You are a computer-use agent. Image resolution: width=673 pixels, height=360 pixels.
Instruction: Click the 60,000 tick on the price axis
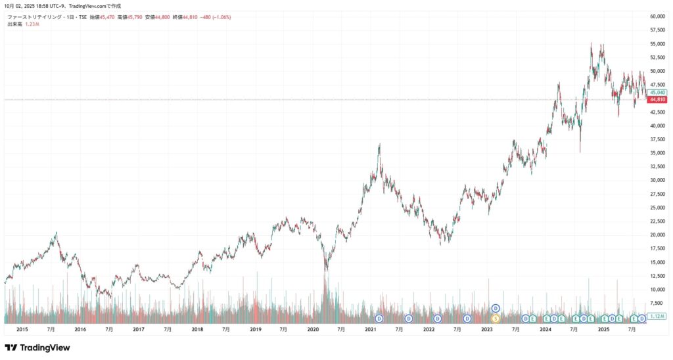pyautogui.click(x=657, y=16)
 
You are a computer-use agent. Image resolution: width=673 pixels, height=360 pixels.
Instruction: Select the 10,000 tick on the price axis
pyautogui.click(x=657, y=289)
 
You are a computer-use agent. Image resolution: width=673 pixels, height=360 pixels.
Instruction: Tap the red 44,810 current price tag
pyautogui.click(x=657, y=100)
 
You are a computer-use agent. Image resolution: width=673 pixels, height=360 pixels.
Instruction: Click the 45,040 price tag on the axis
pyautogui.click(x=657, y=93)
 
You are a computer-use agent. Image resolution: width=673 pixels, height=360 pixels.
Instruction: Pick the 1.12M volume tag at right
pyautogui.click(x=657, y=316)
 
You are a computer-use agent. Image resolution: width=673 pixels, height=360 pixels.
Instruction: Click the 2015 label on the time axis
pyautogui.click(x=22, y=328)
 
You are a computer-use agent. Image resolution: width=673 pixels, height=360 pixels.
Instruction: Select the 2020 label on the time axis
pyautogui.click(x=313, y=328)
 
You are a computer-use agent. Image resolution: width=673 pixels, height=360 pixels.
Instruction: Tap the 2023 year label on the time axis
pyautogui.click(x=487, y=328)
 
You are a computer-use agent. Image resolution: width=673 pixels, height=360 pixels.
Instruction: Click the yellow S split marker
pyautogui.click(x=496, y=319)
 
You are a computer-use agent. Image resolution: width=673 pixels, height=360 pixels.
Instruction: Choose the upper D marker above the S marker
pyautogui.click(x=496, y=308)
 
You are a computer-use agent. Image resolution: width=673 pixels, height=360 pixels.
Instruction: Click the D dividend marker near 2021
pyautogui.click(x=379, y=319)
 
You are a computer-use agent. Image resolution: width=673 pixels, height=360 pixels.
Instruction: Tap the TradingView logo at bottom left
pyautogui.click(x=37, y=348)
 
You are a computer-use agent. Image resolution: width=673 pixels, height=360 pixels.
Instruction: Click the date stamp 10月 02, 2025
pyautogui.click(x=24, y=6)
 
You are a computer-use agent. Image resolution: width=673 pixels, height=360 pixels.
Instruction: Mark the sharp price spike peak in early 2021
pyautogui.click(x=380, y=144)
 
